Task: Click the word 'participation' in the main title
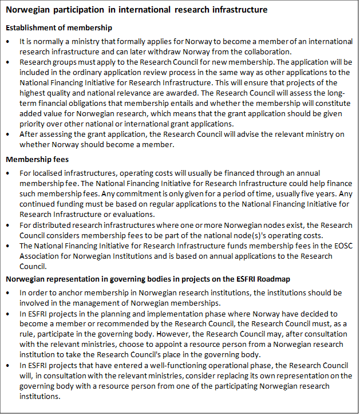pos(74,10)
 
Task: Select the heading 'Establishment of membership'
pos(58,27)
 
